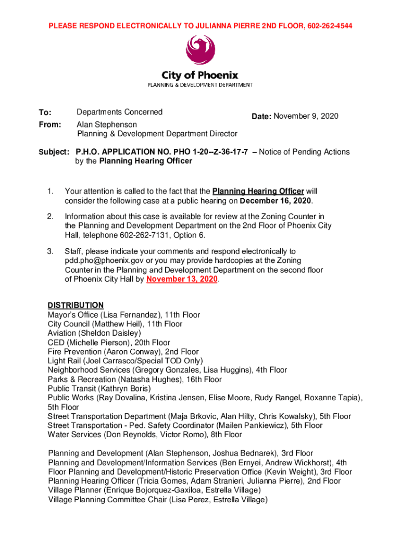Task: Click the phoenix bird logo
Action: click(x=200, y=52)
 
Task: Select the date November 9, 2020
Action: click(x=306, y=116)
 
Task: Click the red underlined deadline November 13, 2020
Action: click(x=182, y=280)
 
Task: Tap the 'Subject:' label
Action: click(x=53, y=152)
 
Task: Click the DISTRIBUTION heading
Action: click(x=76, y=305)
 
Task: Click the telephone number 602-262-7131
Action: click(x=141, y=235)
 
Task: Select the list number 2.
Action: click(x=51, y=217)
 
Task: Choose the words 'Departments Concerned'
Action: click(x=120, y=112)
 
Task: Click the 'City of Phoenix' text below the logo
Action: click(x=200, y=75)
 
